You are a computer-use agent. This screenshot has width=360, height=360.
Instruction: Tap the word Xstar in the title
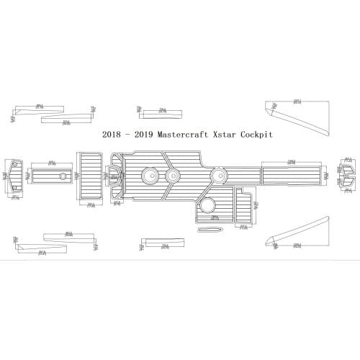pyautogui.click(x=224, y=134)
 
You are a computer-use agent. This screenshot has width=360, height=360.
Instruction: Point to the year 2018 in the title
pyautogui.click(x=112, y=134)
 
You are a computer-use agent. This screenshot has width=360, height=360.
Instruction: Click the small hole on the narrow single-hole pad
pyautogui.click(x=63, y=175)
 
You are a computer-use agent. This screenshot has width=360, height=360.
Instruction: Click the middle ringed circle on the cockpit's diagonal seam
pyautogui.click(x=173, y=175)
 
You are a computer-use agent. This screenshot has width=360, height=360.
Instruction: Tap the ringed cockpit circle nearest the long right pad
pyautogui.click(x=217, y=175)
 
